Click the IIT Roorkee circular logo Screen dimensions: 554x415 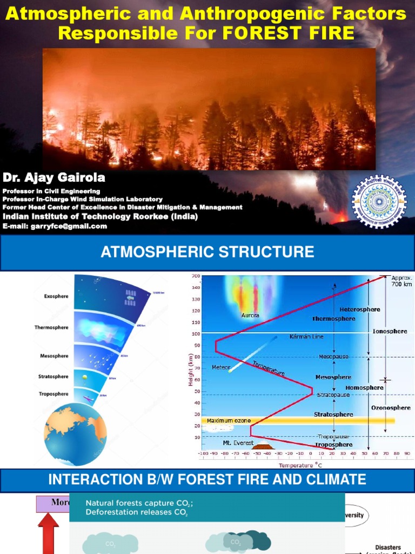[x=379, y=202]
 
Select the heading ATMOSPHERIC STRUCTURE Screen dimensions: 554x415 [x=207, y=252]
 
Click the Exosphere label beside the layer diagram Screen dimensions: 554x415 [x=56, y=296]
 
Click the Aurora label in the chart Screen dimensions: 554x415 [x=250, y=315]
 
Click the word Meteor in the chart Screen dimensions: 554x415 [x=221, y=367]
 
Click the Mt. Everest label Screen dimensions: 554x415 [x=238, y=443]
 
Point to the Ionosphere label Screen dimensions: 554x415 [x=390, y=331]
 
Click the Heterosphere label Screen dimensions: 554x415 [x=359, y=309]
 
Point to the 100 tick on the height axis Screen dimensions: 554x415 [x=196, y=334]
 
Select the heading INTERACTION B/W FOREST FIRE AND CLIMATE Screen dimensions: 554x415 [x=207, y=479]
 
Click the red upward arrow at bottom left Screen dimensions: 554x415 [x=48, y=533]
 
